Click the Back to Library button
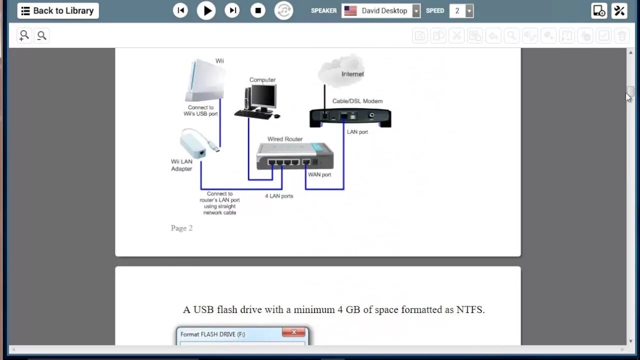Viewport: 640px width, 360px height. click(58, 10)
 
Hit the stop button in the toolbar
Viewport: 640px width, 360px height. click(258, 10)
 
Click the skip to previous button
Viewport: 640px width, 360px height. click(180, 10)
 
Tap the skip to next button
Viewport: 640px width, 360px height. click(232, 10)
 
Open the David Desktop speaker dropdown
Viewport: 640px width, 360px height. click(381, 10)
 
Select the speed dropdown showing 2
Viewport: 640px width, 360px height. click(461, 10)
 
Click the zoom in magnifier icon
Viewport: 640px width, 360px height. click(23, 35)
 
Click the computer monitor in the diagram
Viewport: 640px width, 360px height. click(263, 97)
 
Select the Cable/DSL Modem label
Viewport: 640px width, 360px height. click(357, 101)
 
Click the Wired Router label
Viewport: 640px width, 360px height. click(285, 139)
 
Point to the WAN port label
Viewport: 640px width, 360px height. click(319, 174)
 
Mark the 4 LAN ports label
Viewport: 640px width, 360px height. click(279, 196)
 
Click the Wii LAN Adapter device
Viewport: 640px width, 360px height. click(195, 144)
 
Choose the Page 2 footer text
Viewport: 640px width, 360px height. click(181, 228)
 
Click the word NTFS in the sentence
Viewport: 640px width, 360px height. click(469, 309)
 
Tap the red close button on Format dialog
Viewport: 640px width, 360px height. click(294, 332)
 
